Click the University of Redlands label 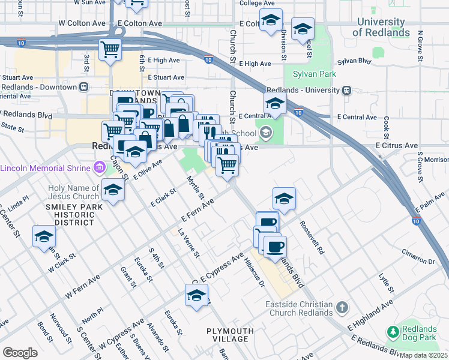click(382, 28)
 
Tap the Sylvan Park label click(314, 74)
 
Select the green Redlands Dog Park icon click(393, 331)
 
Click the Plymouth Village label click(228, 335)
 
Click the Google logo click(20, 353)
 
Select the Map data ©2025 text click(424, 355)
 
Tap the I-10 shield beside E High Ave click(208, 59)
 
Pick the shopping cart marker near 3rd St click(110, 50)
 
